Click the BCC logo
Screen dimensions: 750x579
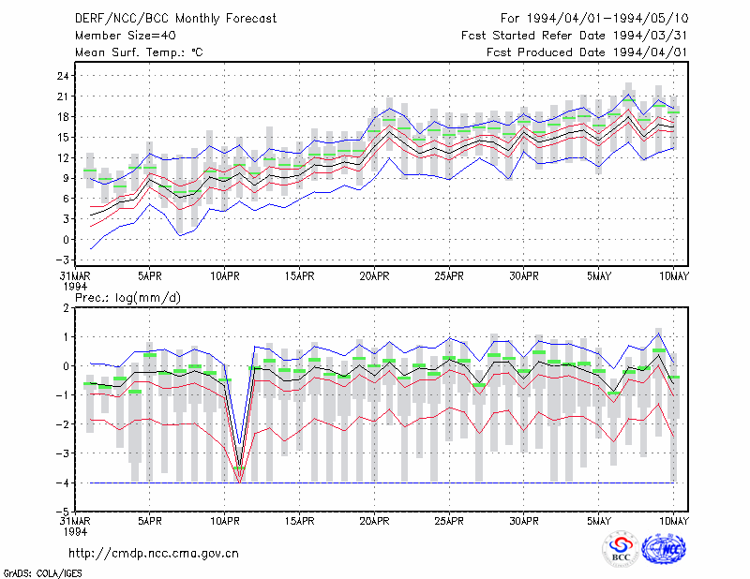[621, 549]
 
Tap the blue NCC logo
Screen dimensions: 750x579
[664, 549]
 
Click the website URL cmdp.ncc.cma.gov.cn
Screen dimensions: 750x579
[154, 554]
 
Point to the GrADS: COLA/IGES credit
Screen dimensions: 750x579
[42, 572]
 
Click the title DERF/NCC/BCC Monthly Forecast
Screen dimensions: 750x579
[175, 19]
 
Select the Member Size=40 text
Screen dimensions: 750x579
[126, 36]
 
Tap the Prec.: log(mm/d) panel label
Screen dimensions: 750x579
[127, 298]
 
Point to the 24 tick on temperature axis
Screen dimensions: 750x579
[64, 76]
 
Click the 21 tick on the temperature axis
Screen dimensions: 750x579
[64, 96]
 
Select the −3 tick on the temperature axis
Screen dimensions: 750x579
[62, 260]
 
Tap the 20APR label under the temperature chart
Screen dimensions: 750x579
[374, 276]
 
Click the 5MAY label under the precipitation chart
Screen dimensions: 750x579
[599, 521]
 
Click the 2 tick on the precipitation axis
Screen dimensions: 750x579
[66, 308]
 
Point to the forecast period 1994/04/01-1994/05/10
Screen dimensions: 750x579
[607, 19]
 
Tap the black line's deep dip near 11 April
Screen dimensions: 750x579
[240, 467]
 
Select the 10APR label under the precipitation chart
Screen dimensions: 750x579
[225, 521]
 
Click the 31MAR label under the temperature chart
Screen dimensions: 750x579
[75, 276]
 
